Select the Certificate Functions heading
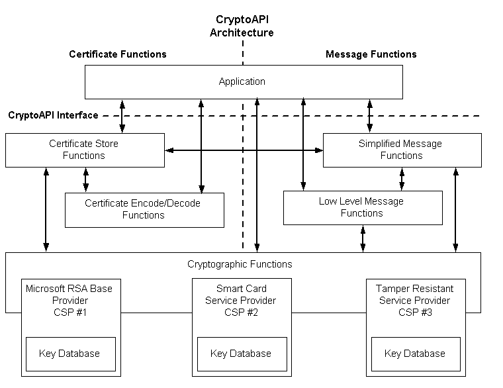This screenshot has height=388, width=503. coord(118,54)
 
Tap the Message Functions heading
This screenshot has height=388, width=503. coord(371,54)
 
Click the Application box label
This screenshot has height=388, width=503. coord(242,81)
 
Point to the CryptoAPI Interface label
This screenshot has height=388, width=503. coord(53,115)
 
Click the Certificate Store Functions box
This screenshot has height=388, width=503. coord(84,150)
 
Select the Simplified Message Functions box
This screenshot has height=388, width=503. coord(401,150)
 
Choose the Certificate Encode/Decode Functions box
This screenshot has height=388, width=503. coord(144,209)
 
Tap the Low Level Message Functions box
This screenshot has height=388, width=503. coord(362,207)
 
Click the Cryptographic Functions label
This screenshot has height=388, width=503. coord(240,264)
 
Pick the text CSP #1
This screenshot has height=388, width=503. coord(69,313)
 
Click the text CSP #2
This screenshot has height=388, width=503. coord(241,313)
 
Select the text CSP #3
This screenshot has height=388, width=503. coord(414,313)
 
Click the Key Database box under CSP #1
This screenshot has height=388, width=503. coord(70,354)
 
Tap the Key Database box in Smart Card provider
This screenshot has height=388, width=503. coord(241,354)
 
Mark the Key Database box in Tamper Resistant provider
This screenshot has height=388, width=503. coord(415,354)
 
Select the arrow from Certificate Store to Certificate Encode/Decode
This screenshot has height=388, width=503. coord(85,179)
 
